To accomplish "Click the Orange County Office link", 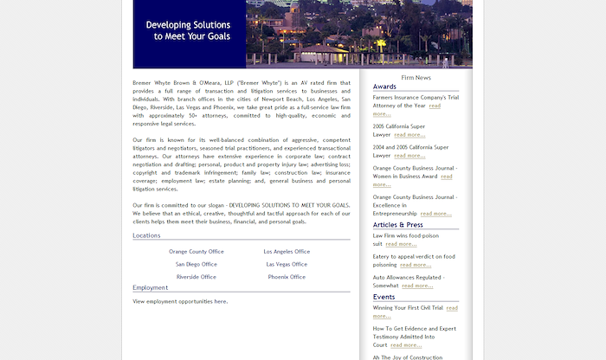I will pos(196,252).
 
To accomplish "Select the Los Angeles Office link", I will pos(287,252).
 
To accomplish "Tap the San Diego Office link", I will pos(196,264).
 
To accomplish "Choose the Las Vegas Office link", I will pos(287,264).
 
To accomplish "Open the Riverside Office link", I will pos(196,277).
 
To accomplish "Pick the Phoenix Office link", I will pos(287,277).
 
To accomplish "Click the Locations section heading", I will pos(146,235).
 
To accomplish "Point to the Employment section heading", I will pos(151,287).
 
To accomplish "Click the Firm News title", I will pos(416,78).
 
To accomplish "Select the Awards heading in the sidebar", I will pos(384,87).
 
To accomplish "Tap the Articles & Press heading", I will pos(397,225).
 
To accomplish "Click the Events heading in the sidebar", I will pos(384,297).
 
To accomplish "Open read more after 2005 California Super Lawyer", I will pos(409,135).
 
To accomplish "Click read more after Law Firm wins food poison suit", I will pos(401,244).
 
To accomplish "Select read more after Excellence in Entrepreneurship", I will pos(435,213).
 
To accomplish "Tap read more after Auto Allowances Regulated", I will pos(417,286).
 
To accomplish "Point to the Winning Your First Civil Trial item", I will pos(408,307).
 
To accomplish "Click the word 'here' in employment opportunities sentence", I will pos(221,302).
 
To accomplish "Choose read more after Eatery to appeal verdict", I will pos(415,265).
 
